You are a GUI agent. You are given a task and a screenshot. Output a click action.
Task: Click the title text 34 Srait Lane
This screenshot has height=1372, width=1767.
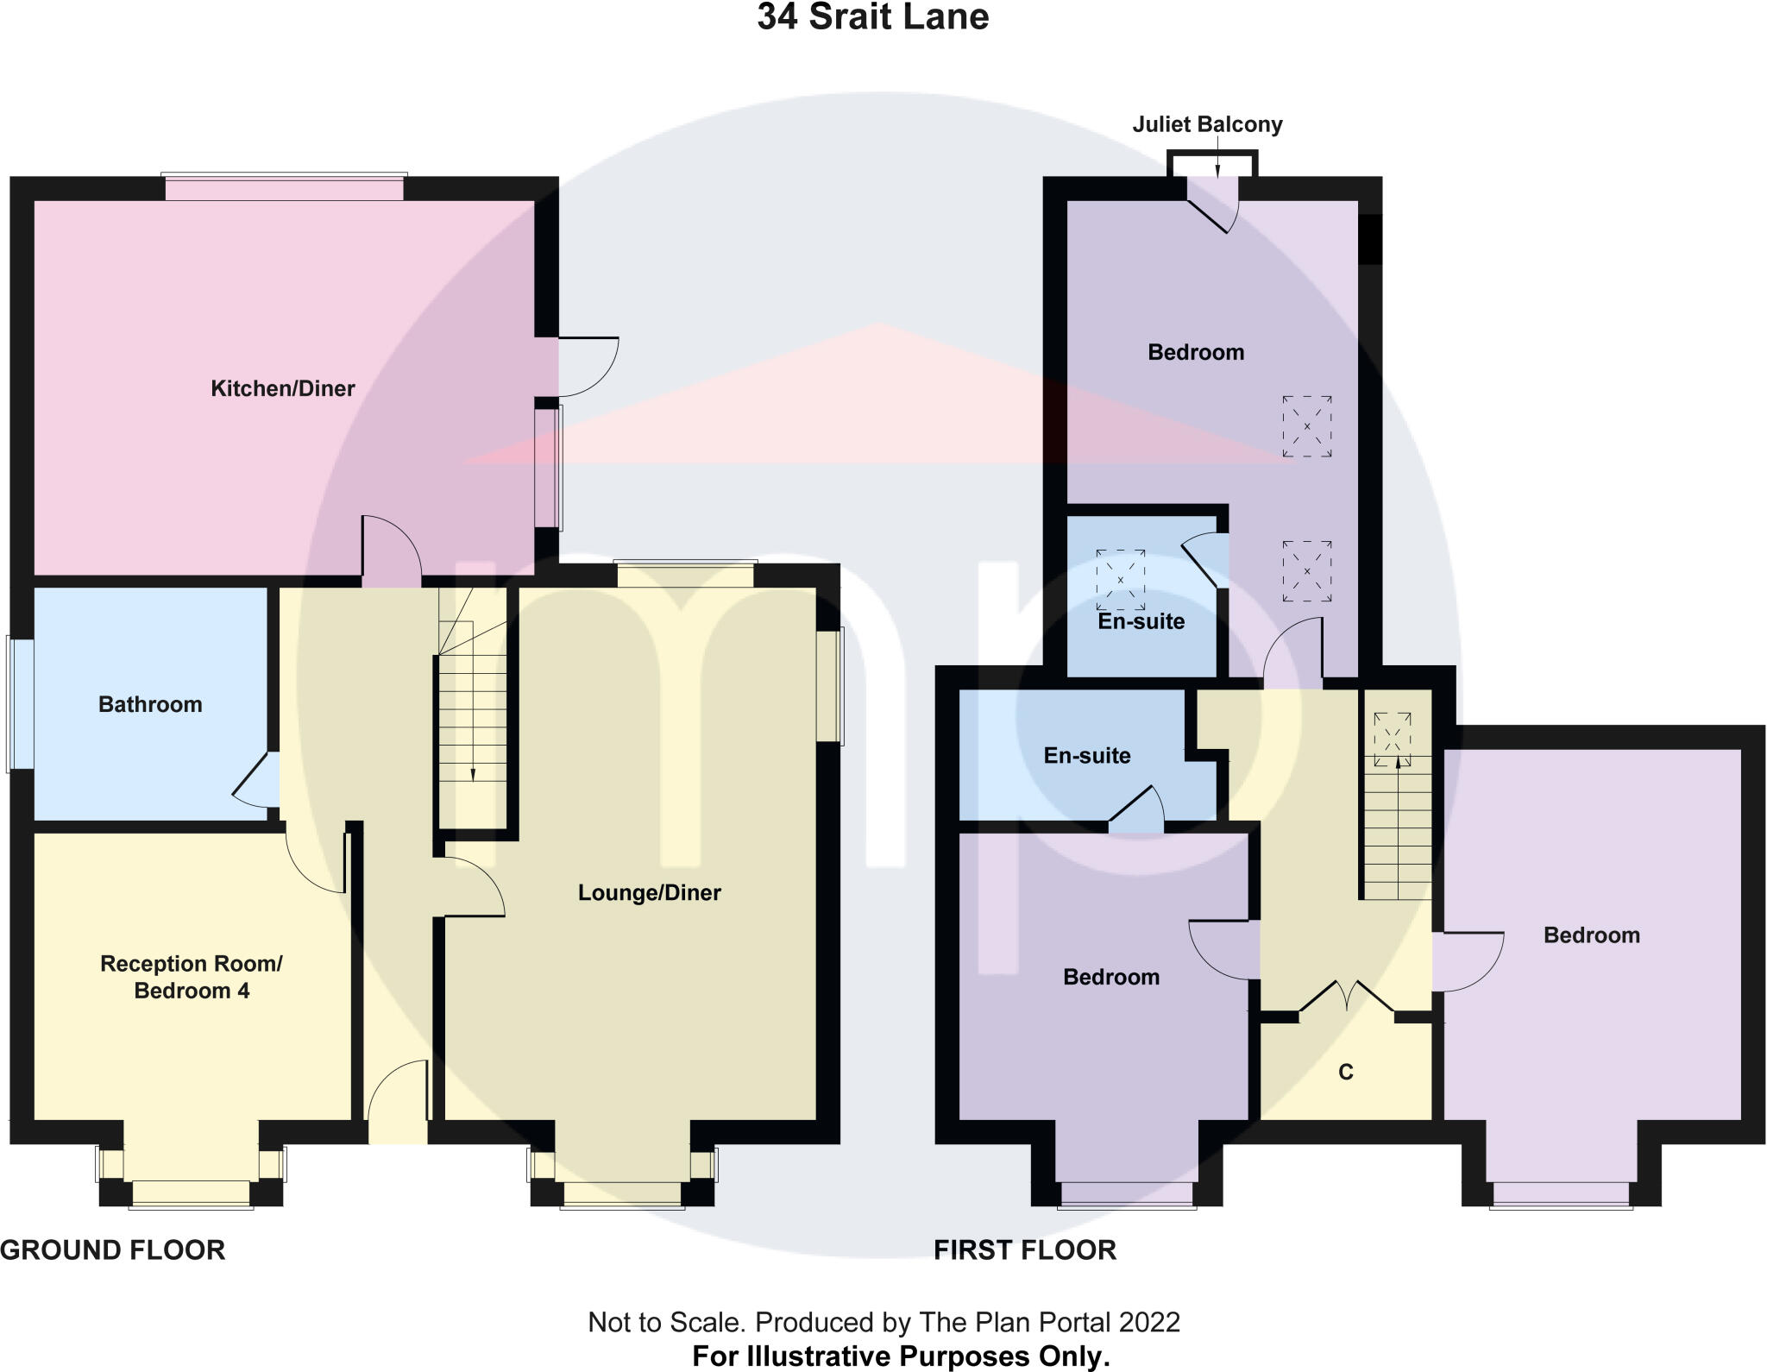[x=872, y=17]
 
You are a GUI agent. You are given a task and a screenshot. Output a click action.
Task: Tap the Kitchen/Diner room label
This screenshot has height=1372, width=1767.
[x=283, y=388]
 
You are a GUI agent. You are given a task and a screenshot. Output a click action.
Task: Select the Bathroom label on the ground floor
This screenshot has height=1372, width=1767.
[x=150, y=705]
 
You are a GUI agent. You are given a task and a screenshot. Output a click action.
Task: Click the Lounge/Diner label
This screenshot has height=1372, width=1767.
[x=649, y=892]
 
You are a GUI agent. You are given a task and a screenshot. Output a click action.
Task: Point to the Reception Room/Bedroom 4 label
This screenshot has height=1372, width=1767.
[x=192, y=977]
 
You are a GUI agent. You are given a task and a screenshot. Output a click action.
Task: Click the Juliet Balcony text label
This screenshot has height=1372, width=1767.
[x=1207, y=125]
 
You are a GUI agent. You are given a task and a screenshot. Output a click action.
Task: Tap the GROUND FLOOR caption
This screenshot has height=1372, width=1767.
[x=113, y=1249]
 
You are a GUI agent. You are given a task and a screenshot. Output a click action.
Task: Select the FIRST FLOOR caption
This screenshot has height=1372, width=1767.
[x=1025, y=1249]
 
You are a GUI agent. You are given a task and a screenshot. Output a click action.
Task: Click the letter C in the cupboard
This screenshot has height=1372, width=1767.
[x=1345, y=1072]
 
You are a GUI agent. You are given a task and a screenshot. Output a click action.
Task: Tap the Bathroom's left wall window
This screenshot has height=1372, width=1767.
[x=21, y=703]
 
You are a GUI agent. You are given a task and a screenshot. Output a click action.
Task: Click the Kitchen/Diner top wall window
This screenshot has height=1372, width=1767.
[x=285, y=188]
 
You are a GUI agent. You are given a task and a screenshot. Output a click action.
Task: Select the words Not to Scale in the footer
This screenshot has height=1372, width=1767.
[x=665, y=1322]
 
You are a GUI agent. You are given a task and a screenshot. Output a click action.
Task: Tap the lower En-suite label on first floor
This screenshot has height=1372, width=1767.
[x=1087, y=756]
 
